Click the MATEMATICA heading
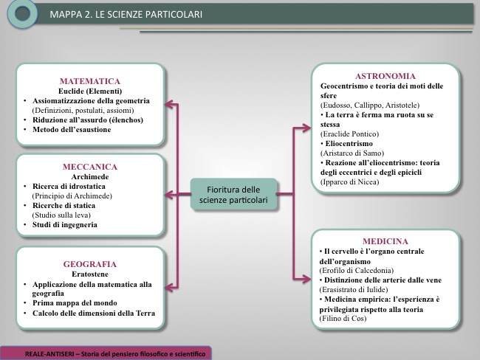tap(90, 81)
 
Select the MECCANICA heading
tap(90, 167)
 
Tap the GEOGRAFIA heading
tap(90, 264)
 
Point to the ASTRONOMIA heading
tap(385, 76)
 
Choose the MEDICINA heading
tap(385, 241)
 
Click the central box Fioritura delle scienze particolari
tap(233, 195)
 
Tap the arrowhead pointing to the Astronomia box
tap(306, 128)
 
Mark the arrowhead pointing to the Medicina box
tap(306, 279)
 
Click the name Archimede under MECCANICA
tap(90, 177)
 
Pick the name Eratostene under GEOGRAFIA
tap(90, 274)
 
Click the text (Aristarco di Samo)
tap(352, 153)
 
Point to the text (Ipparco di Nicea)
tap(349, 182)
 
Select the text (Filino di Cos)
tap(343, 319)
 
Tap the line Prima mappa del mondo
tap(75, 303)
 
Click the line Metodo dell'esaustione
tap(72, 130)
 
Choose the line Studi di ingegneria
tap(65, 225)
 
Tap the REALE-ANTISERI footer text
tap(115, 354)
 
